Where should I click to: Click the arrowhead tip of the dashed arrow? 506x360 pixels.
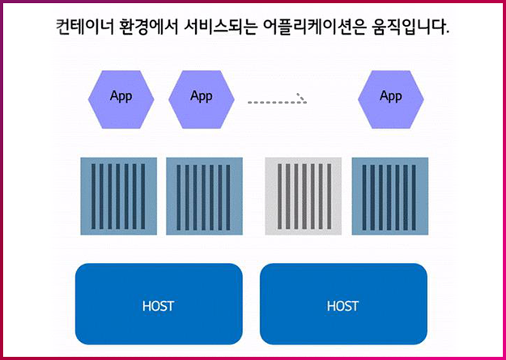point(306,102)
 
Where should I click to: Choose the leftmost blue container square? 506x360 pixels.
point(118,197)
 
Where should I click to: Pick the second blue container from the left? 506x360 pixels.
point(204,197)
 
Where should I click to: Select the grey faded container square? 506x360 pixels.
point(304,197)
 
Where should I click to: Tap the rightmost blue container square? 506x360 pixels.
point(389,197)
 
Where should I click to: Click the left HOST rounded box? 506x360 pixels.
point(159,303)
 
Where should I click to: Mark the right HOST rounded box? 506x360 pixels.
point(343,303)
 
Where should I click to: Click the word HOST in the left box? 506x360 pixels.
point(159,307)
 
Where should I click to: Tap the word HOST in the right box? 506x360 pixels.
point(343,307)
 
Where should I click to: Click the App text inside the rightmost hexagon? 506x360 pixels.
point(391,96)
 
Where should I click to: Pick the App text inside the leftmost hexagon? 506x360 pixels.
point(121,96)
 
